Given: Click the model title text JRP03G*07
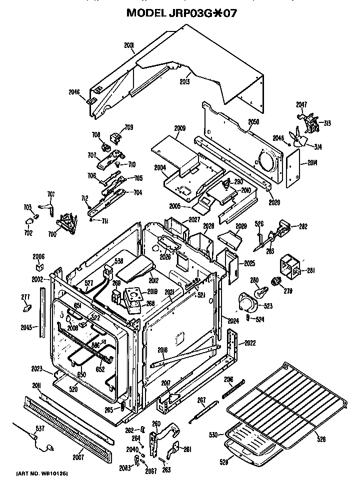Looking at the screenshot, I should tap(180, 12).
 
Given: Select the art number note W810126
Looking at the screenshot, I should tap(42, 472).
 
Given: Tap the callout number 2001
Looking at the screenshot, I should tap(129, 45).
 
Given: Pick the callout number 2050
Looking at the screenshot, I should tap(253, 122).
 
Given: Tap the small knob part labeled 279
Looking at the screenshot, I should tap(274, 283).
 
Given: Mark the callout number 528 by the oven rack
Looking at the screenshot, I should tap(320, 440).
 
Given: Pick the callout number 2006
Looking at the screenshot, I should tap(38, 256).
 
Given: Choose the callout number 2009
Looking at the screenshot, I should tap(180, 128).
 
